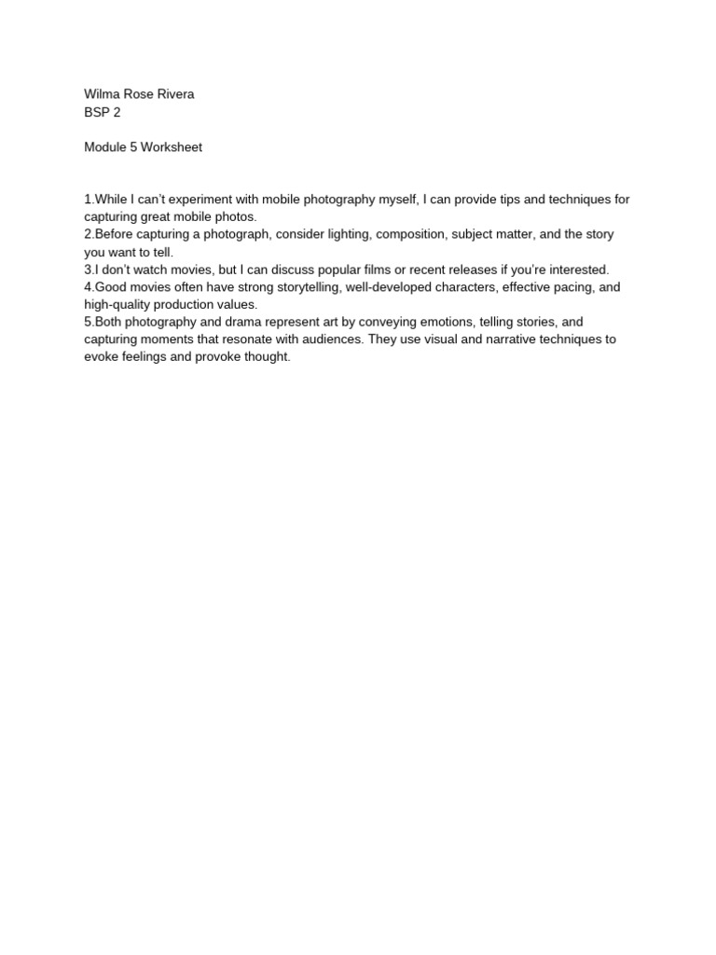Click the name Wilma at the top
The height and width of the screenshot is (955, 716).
103,94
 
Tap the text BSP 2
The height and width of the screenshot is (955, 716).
103,112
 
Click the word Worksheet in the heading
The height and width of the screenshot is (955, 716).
171,147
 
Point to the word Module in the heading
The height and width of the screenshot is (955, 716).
105,147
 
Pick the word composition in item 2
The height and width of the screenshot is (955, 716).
413,234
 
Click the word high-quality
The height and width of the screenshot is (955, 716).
118,304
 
